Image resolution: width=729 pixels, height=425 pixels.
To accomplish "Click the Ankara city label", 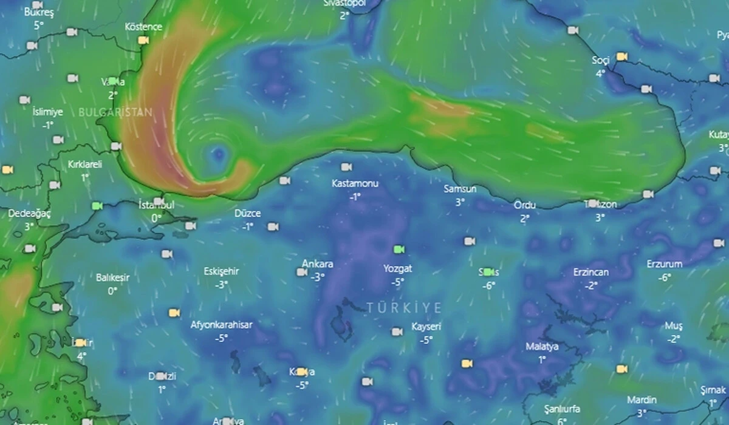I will (318, 264).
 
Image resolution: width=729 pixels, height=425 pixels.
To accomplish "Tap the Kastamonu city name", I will (355, 183).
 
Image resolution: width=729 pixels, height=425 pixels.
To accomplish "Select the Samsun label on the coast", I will (460, 189).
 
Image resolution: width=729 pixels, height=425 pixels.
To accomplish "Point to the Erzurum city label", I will (664, 264).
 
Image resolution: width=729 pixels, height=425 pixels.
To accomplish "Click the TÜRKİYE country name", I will (404, 308).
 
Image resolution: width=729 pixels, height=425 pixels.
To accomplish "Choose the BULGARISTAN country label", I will (115, 112).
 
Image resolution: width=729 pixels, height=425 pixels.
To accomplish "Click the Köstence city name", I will (143, 27).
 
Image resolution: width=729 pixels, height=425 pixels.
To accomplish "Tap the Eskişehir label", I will (221, 271).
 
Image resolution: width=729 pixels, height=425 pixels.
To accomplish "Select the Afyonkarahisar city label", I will (221, 324).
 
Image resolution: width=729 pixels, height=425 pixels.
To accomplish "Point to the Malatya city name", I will (542, 346).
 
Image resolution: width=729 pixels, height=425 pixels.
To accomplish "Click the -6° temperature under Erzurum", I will (665, 277).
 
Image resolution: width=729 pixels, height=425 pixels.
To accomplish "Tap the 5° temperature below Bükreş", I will (39, 25).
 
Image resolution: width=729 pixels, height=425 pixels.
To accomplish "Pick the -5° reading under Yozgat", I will (398, 282).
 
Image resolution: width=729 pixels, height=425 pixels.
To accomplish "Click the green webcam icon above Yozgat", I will (399, 250).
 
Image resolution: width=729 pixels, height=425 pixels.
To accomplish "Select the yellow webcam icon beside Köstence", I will (143, 40).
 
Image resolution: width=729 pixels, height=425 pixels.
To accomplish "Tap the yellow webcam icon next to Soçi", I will (621, 56).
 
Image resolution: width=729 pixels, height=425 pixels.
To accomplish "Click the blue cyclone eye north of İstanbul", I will (217, 154).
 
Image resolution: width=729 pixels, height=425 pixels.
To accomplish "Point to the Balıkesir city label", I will (112, 277).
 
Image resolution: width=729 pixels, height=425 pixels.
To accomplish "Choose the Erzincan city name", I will (590, 272).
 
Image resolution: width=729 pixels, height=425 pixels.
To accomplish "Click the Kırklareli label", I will (85, 165).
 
